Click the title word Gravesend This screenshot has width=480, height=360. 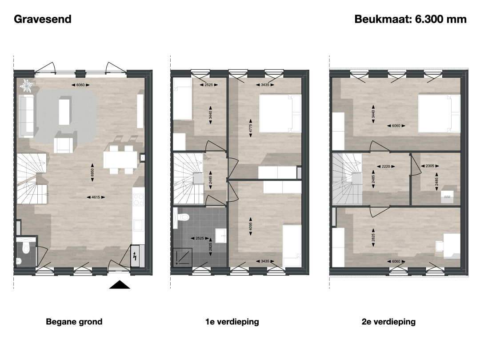pyautogui.click(x=43, y=19)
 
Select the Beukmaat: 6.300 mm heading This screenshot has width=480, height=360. pyautogui.click(x=411, y=19)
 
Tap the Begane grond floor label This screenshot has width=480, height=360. pyautogui.click(x=74, y=322)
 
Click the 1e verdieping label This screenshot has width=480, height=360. pyautogui.click(x=232, y=322)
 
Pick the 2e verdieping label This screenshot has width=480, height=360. pyautogui.click(x=388, y=322)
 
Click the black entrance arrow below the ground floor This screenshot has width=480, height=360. pyautogui.click(x=120, y=284)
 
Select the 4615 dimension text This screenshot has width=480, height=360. pyautogui.click(x=96, y=197)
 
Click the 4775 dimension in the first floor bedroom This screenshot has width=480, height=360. pyautogui.click(x=251, y=128)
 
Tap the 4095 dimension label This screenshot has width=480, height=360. pyautogui.click(x=251, y=226)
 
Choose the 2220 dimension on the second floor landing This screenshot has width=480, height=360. pyautogui.click(x=386, y=166)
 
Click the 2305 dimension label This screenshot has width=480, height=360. pyautogui.click(x=430, y=166)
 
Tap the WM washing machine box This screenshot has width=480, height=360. pyautogui.click(x=447, y=196)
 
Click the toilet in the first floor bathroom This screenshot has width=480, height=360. pyautogui.click(x=183, y=217)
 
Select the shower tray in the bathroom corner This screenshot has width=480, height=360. pyautogui.click(x=183, y=257)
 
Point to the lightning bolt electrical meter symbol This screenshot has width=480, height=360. pyautogui.click(x=135, y=256)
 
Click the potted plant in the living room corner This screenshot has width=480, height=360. pyautogui.click(x=27, y=86)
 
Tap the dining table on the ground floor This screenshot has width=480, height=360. pyautogui.click(x=120, y=160)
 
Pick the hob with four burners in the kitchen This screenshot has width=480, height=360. pyautogui.click(x=138, y=200)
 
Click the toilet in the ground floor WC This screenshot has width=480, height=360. pyautogui.click(x=26, y=248)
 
